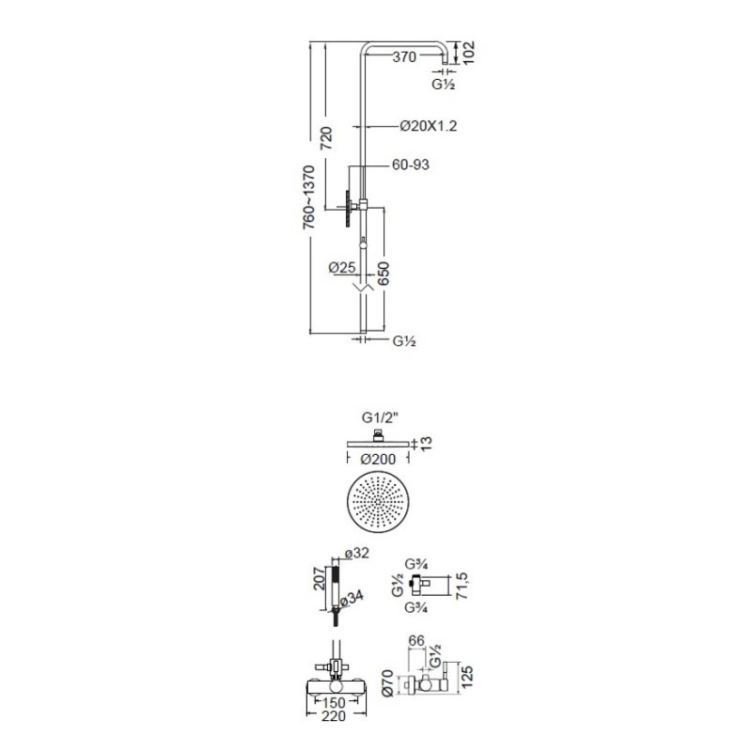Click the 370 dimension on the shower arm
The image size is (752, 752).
[404, 57]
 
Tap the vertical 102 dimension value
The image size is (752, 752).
[467, 53]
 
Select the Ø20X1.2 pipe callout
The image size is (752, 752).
[429, 126]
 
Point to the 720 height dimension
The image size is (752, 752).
[325, 138]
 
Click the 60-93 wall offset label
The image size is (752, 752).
[411, 165]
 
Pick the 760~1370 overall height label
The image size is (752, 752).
[309, 197]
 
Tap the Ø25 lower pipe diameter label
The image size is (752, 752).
[342, 267]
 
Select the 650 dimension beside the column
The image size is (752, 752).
[384, 274]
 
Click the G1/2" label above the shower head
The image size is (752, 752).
[381, 417]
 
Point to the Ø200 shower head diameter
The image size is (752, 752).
[378, 460]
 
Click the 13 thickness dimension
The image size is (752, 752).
[426, 443]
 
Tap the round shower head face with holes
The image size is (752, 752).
[378, 502]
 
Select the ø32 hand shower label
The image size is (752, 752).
[357, 553]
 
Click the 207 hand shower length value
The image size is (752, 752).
[320, 579]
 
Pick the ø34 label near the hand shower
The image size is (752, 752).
[352, 598]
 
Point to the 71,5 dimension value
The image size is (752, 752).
[462, 586]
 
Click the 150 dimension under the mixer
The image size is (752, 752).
[334, 703]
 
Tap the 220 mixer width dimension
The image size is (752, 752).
[334, 716]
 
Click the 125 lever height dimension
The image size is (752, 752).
[467, 677]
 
